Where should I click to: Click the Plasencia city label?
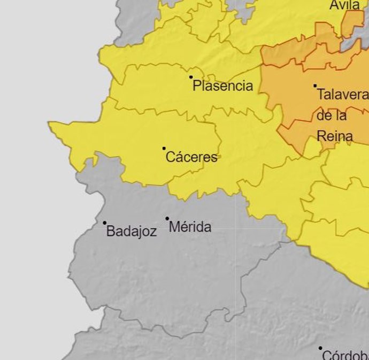pos(222,86)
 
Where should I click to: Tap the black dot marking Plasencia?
pos(191,77)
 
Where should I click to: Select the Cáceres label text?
pos(191,157)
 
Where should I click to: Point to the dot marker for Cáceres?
pos(164,148)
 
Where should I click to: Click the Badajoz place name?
pos(132,232)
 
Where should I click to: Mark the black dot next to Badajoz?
pos(105,223)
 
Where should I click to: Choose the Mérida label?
pos(190,227)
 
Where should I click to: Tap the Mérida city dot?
pos(167,218)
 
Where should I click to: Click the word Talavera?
pos(342,95)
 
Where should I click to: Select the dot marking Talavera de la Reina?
pos(315,86)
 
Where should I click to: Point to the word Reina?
pos(334,136)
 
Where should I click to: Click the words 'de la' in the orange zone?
pos(332,116)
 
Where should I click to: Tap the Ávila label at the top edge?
pos(344,5)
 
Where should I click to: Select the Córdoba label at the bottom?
pos(345,355)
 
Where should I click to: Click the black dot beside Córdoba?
pos(320,348)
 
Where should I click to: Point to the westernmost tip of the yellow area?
pos(50,124)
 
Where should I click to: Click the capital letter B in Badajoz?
pos(111,232)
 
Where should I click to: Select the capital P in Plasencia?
pos(196,86)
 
